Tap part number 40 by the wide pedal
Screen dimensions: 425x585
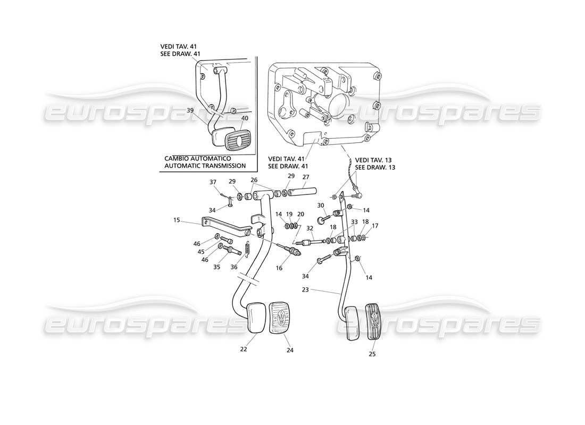coord(244,118)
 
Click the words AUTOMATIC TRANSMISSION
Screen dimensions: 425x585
coord(205,166)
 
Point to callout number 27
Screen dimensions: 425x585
coord(306,177)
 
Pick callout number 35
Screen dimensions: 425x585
coord(216,267)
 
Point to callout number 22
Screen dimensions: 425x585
coord(244,349)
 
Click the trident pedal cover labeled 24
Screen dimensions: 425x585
coord(280,318)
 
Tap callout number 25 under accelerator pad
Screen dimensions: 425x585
coord(372,354)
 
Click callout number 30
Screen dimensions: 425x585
coord(320,206)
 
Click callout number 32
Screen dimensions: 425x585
coord(310,228)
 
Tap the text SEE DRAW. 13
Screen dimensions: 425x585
coord(375,167)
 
